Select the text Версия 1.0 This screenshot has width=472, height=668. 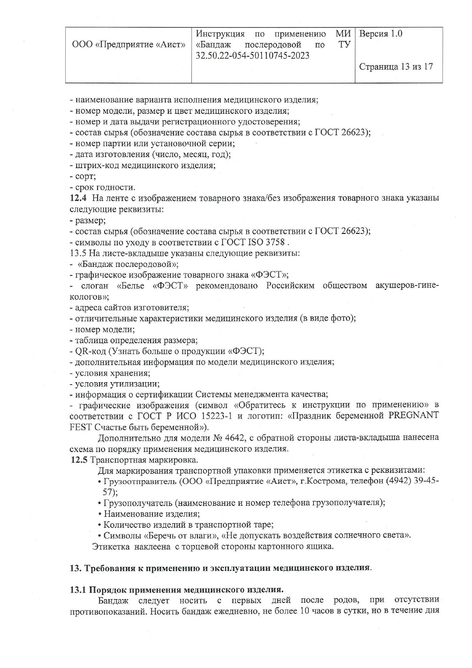tap(381, 34)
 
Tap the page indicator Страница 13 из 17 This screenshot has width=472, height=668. tap(396, 67)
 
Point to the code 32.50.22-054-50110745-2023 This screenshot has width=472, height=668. tap(252, 56)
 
